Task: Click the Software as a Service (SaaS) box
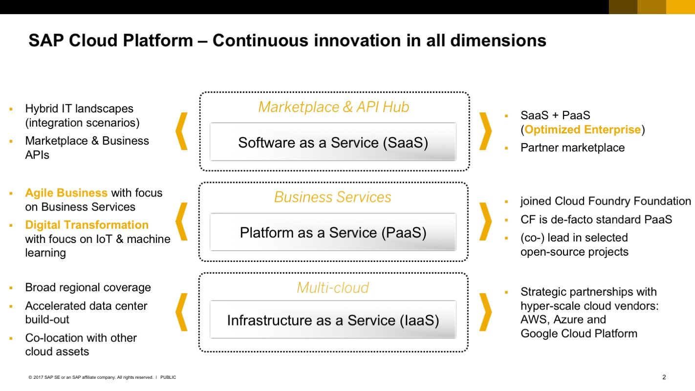tap(333, 142)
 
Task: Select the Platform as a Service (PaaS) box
tap(333, 232)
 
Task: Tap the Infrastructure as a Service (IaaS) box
tap(333, 320)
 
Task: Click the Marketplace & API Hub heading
tap(333, 107)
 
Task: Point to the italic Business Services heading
tap(333, 197)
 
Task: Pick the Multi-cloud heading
tap(333, 287)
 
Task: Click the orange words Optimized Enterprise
tap(582, 130)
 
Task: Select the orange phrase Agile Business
tap(66, 193)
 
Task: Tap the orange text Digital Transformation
tap(87, 225)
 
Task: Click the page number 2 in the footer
tap(664, 377)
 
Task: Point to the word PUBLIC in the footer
tap(168, 377)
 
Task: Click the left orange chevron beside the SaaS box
tap(181, 131)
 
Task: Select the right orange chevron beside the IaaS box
tap(485, 312)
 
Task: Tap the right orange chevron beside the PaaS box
tap(485, 221)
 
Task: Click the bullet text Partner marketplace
tap(572, 148)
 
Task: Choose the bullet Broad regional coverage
tap(88, 287)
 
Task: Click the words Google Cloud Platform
tap(579, 333)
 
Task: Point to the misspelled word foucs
tap(62, 239)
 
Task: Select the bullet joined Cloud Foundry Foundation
tap(605, 201)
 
